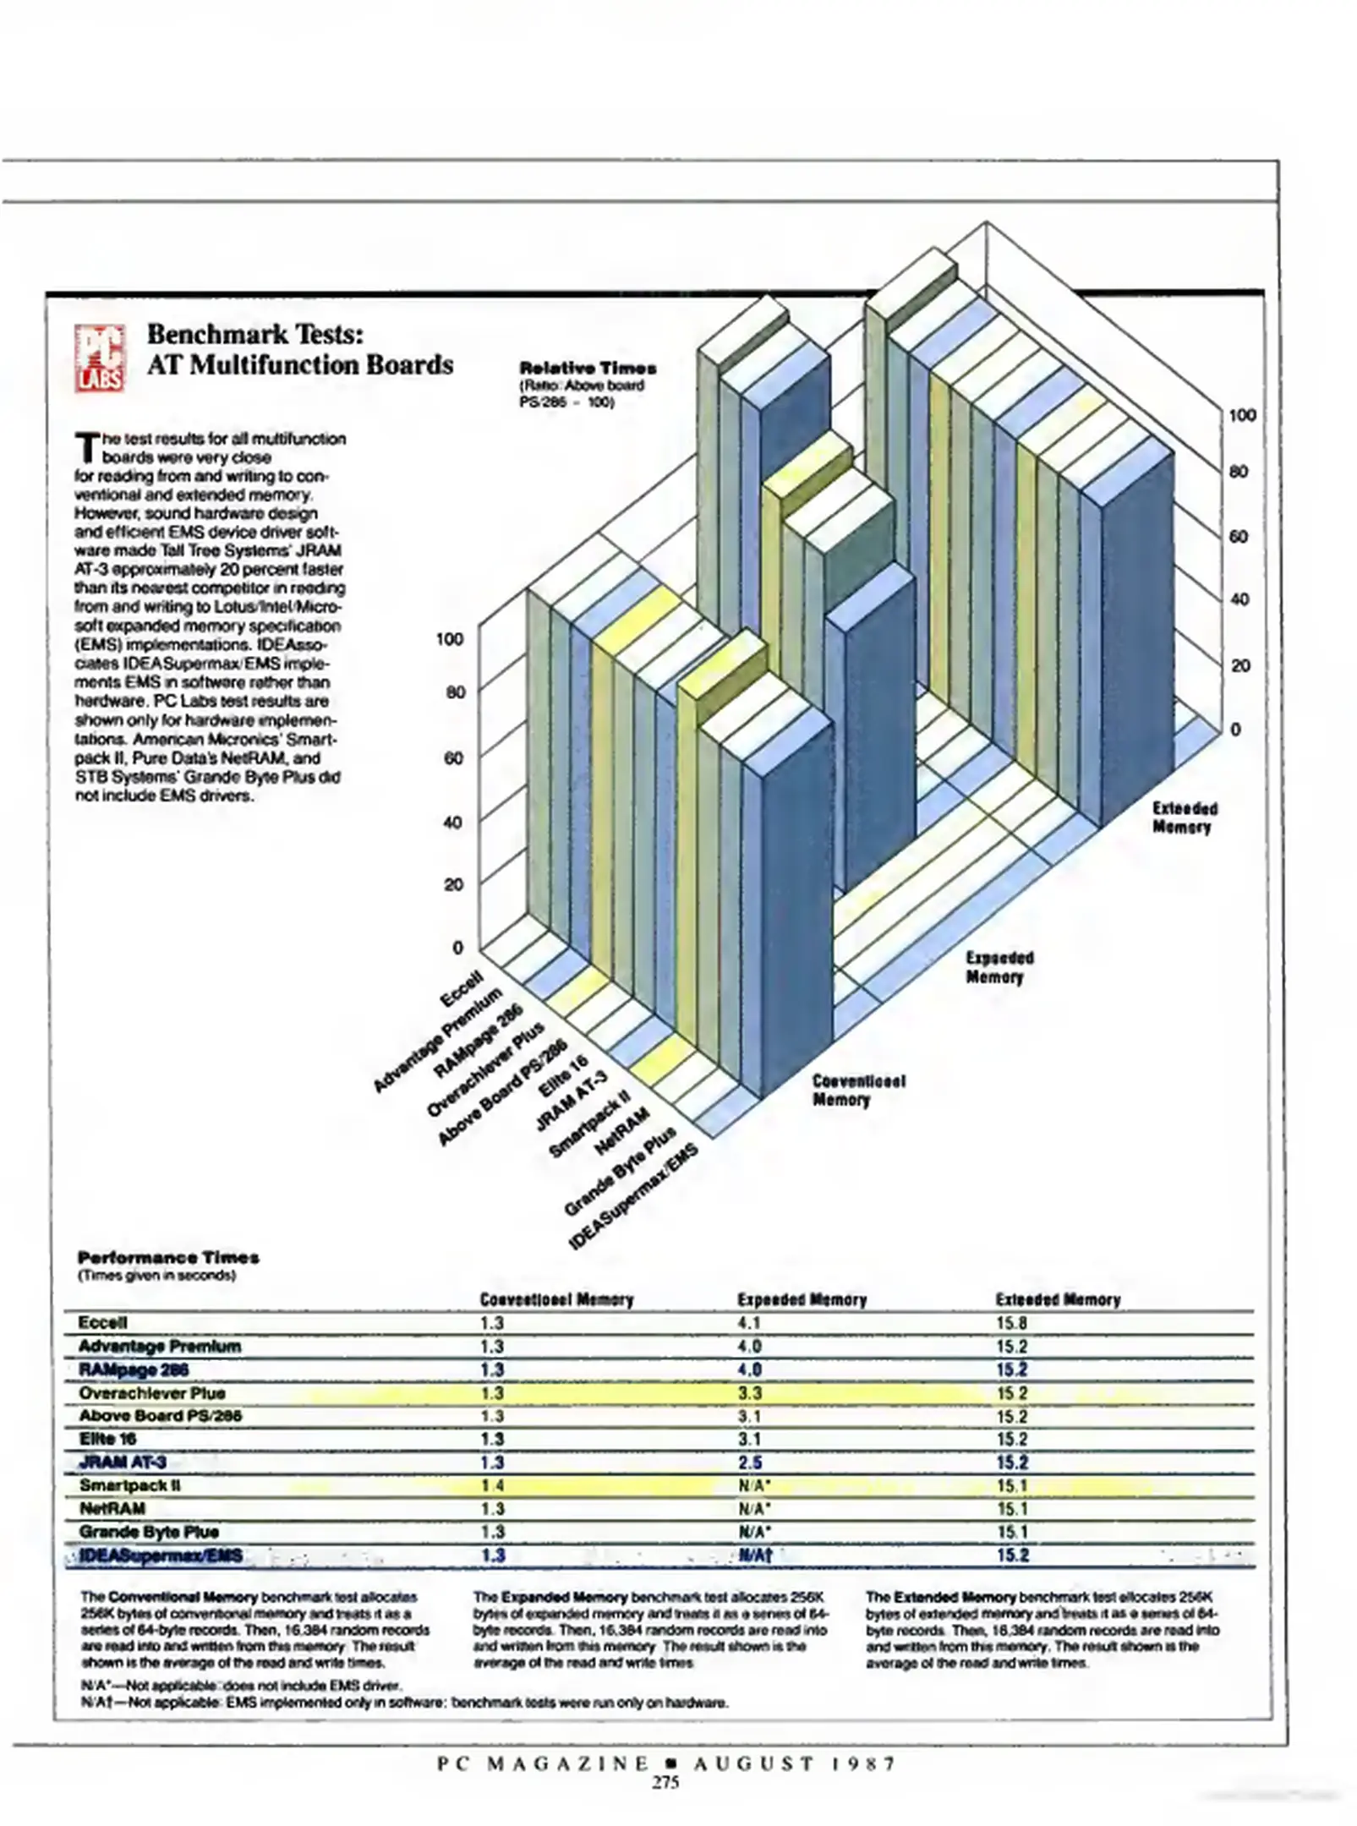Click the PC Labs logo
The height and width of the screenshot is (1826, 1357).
pos(101,358)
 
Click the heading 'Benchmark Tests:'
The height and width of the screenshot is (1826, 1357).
pos(255,334)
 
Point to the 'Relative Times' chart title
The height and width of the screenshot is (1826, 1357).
pos(588,368)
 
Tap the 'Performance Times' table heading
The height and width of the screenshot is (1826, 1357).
pos(168,1257)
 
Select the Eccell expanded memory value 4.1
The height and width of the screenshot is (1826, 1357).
pos(749,1323)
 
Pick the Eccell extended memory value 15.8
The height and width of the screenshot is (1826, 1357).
pos(1011,1323)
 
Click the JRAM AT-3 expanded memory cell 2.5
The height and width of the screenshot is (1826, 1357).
pos(750,1462)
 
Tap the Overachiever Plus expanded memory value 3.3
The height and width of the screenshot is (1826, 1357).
pos(750,1393)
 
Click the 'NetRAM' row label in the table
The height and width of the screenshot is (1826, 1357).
pos(112,1509)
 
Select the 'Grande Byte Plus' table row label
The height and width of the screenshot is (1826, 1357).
pos(149,1532)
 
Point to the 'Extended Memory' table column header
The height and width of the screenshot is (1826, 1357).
pos(1058,1299)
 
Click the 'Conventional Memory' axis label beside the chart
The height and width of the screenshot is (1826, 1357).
pos(858,1091)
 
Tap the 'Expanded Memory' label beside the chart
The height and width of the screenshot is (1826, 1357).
pos(1000,967)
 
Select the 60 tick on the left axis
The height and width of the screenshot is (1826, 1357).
pos(454,757)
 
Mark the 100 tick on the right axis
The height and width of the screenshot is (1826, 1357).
pos(1242,415)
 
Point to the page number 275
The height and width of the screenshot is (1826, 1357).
pos(665,1783)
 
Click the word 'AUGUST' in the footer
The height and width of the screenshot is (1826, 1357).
pos(754,1763)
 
